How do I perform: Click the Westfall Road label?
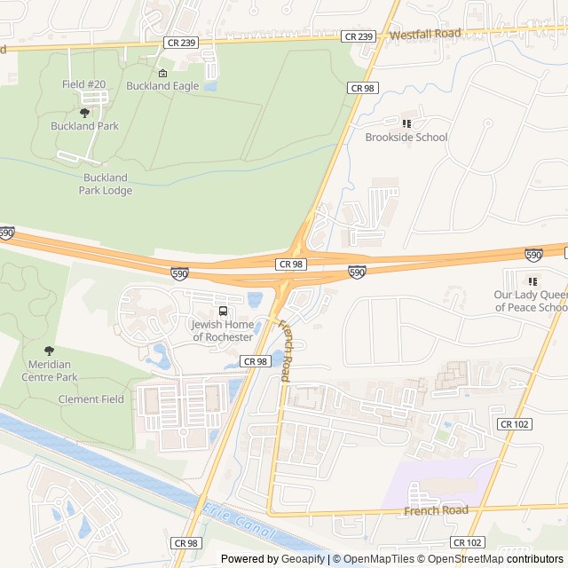(x=425, y=34)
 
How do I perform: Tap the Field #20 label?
(x=84, y=84)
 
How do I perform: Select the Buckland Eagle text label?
(x=162, y=86)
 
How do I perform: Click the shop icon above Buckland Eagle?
(x=162, y=73)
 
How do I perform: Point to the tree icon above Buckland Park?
(x=84, y=113)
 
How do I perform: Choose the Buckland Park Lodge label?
(x=106, y=184)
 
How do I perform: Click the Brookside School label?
(x=406, y=138)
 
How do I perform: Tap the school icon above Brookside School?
(x=406, y=123)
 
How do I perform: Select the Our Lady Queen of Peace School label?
(x=531, y=301)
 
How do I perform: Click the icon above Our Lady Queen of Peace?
(x=532, y=281)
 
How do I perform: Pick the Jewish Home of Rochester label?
(x=223, y=331)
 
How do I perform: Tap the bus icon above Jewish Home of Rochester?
(x=223, y=312)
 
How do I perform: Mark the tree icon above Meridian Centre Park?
(x=48, y=351)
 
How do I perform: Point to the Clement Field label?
(x=91, y=399)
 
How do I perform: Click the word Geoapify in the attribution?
(x=304, y=559)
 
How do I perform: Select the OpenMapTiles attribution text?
(x=378, y=559)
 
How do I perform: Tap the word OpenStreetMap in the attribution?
(x=465, y=559)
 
